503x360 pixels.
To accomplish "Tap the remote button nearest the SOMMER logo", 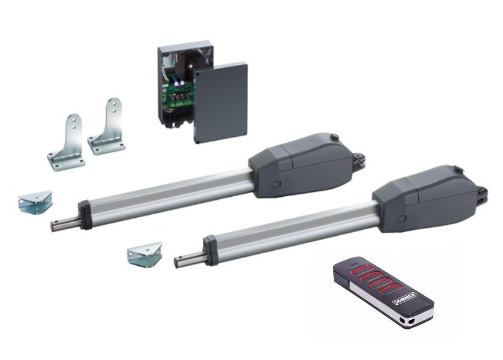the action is (390, 289).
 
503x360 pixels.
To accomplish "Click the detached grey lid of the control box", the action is (221, 103).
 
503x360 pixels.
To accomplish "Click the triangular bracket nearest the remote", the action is (145, 254).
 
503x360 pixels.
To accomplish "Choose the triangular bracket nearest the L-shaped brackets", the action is (35, 202).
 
